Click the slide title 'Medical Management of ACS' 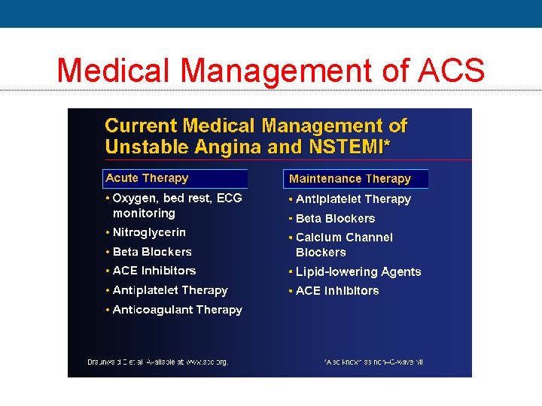point(270,70)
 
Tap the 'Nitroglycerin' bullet point(149,232)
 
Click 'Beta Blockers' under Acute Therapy point(152,252)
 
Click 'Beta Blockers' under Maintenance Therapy point(335,219)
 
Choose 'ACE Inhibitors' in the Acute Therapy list point(154,271)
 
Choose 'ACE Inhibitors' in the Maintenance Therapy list point(337,291)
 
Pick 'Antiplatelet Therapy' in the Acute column point(169,290)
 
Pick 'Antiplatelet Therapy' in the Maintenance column point(353,199)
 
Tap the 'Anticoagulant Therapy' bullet point(177,310)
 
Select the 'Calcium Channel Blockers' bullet point(344,245)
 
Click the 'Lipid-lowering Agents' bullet point(358,272)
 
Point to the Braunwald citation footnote point(149,362)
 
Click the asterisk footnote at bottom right point(373,362)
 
